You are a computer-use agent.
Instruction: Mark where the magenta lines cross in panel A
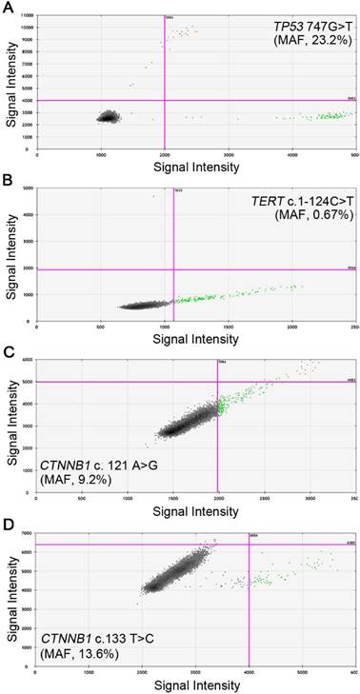coord(165,100)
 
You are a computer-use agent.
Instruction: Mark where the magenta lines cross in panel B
coord(173,269)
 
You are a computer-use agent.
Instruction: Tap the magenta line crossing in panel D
coord(249,545)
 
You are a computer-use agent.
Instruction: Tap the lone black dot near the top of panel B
coord(152,196)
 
